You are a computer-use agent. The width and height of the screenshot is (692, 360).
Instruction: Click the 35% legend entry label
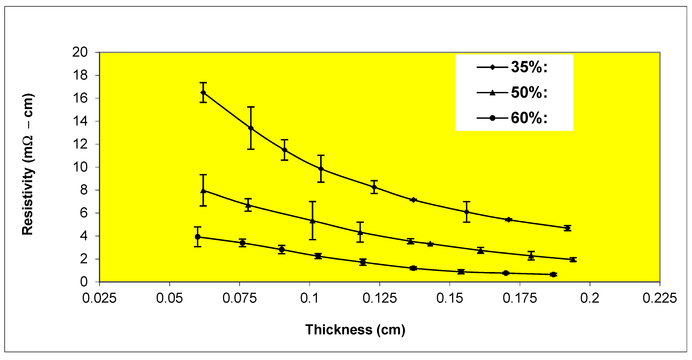coord(529,67)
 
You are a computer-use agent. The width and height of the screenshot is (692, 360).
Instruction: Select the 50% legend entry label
coord(529,93)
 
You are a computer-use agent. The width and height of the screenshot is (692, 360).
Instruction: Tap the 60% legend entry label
coord(529,118)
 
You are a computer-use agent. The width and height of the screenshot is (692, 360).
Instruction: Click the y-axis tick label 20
coord(80,52)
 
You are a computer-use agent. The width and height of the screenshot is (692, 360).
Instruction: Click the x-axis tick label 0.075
coord(239,298)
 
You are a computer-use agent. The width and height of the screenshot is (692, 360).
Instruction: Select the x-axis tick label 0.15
coord(449,298)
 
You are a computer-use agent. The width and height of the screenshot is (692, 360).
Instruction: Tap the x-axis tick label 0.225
coord(659,298)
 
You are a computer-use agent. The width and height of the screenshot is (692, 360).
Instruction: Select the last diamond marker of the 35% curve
coord(567,228)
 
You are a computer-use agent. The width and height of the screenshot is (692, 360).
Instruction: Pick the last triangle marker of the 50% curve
coord(573,259)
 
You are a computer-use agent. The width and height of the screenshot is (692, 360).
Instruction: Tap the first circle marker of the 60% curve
coord(198,237)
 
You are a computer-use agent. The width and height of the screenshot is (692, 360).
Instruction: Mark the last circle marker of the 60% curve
coord(553,274)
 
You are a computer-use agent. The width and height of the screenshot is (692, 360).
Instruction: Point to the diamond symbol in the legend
coord(492,67)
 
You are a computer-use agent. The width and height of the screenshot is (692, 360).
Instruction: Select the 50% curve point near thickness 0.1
coord(312,221)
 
